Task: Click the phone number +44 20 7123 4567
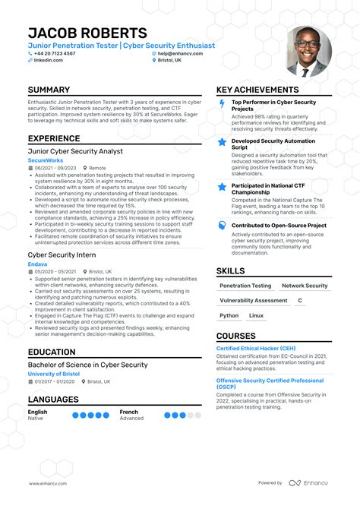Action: [x=55, y=54]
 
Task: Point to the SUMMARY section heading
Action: [x=49, y=90]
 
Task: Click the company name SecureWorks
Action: [x=46, y=160]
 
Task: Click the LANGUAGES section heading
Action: [x=53, y=400]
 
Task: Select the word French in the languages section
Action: [x=128, y=412]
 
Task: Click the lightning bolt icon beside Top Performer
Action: [x=222, y=104]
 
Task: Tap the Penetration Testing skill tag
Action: [x=245, y=286]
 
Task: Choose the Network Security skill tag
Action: [x=305, y=286]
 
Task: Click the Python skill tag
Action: [x=229, y=315]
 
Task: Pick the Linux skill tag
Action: [x=257, y=315]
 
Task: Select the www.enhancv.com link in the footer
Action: [x=49, y=483]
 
